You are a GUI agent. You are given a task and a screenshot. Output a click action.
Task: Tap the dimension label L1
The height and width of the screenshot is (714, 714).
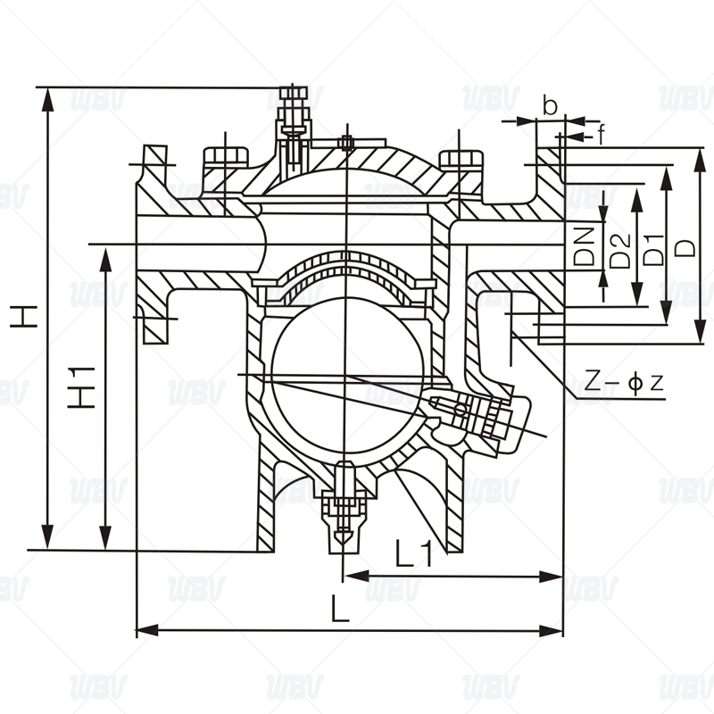click(x=413, y=552)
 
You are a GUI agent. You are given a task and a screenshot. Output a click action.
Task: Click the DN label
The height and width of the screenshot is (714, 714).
click(x=585, y=246)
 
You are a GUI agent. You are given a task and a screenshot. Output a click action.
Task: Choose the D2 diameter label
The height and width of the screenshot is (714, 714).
click(x=619, y=251)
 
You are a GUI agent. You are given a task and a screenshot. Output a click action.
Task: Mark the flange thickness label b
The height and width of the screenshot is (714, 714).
click(x=550, y=106)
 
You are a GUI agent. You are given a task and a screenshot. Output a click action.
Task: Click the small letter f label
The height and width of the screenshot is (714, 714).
click(x=602, y=135)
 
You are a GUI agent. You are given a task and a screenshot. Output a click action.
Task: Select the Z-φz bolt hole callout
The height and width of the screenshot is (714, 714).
click(x=624, y=383)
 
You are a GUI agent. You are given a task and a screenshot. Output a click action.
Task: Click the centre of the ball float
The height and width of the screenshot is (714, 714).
click(x=347, y=375)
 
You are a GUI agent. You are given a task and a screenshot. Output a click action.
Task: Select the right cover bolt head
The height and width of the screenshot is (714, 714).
click(x=460, y=160)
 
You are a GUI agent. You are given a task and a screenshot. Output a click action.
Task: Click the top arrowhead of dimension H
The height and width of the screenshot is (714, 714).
click(x=47, y=97)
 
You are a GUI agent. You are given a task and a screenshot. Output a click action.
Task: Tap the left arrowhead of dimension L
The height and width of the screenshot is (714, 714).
click(x=146, y=631)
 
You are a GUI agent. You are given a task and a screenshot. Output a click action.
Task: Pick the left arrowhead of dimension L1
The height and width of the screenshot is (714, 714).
click(x=355, y=576)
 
